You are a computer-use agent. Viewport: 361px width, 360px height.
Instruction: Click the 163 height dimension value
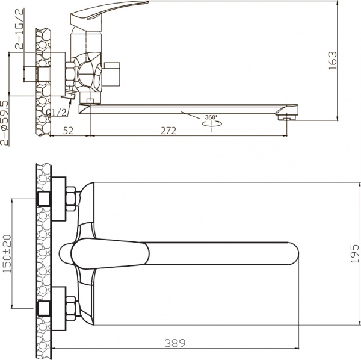pyautogui.click(x=333, y=61)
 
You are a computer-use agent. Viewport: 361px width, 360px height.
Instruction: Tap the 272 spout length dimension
pyautogui.click(x=168, y=131)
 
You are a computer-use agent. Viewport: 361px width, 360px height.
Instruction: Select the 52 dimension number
pyautogui.click(x=68, y=131)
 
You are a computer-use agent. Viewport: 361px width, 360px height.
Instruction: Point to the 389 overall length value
pyautogui.click(x=175, y=343)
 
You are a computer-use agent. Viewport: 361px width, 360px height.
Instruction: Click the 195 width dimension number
pyautogui.click(x=354, y=254)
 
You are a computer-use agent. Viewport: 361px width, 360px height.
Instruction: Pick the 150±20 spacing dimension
pyautogui.click(x=7, y=254)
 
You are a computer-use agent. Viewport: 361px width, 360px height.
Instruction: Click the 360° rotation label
pyautogui.click(x=211, y=117)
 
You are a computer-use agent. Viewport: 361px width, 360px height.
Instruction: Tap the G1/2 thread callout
pyautogui.click(x=57, y=113)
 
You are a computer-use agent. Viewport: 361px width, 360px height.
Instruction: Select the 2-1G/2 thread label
pyautogui.click(x=19, y=29)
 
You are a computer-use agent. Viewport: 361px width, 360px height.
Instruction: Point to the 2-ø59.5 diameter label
pyautogui.click(x=5, y=123)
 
